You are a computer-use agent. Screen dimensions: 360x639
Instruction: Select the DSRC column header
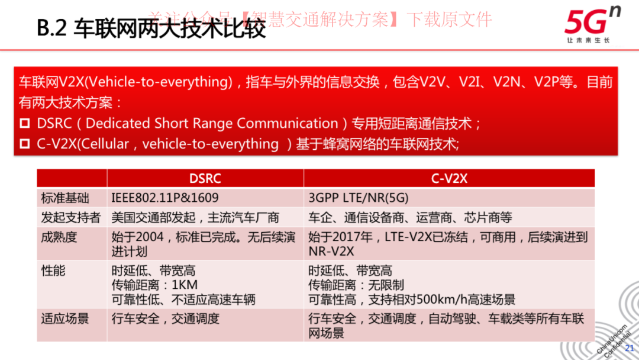(205, 178)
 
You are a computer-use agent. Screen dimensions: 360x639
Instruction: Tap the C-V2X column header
(449, 178)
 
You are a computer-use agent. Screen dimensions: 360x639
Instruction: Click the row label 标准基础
(65, 198)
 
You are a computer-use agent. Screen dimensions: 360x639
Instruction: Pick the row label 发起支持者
(71, 217)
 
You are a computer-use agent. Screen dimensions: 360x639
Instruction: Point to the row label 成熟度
(59, 237)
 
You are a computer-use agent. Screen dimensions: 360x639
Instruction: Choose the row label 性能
(53, 271)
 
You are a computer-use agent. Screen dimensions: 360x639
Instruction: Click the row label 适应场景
(65, 319)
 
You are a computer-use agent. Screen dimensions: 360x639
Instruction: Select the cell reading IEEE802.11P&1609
(164, 198)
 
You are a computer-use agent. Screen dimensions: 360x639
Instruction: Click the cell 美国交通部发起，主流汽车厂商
(195, 217)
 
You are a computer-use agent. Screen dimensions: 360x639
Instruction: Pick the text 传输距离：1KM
(154, 285)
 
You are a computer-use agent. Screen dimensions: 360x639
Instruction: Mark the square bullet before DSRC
(25, 124)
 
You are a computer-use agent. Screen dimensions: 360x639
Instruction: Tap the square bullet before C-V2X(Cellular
(25, 144)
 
